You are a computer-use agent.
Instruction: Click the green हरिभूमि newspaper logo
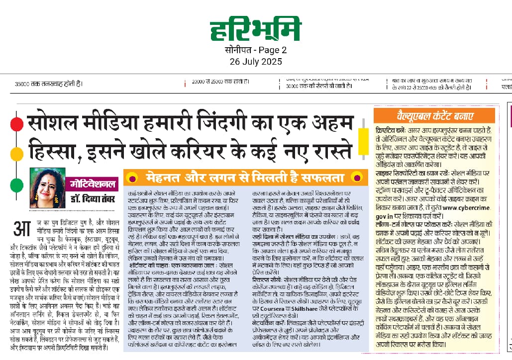click(x=255, y=30)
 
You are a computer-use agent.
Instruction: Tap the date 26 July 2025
click(x=256, y=62)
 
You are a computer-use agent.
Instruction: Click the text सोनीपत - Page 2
click(x=256, y=50)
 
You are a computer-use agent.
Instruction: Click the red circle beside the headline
click(x=16, y=123)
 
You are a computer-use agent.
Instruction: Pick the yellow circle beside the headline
click(x=16, y=152)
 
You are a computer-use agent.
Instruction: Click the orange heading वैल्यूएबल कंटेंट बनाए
click(x=435, y=116)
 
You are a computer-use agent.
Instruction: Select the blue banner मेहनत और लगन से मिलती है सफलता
click(x=244, y=177)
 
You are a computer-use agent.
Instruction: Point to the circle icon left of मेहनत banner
click(x=132, y=178)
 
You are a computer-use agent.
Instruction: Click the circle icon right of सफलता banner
click(x=356, y=178)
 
